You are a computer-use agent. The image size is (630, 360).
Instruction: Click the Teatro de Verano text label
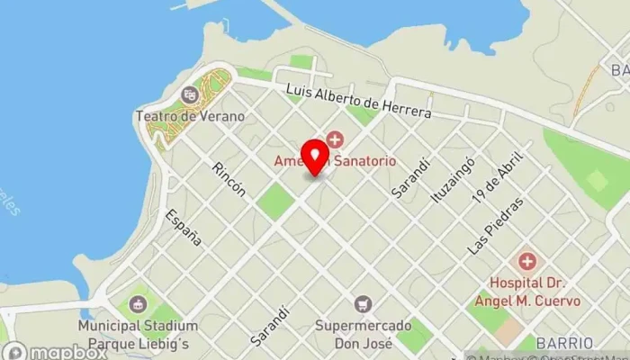point(190,116)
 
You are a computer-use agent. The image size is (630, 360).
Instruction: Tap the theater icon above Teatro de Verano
point(190,94)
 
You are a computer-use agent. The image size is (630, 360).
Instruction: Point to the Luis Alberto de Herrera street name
point(359,102)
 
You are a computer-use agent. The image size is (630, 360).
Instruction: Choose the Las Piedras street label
point(494,226)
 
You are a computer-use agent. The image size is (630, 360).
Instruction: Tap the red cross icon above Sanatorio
point(335,139)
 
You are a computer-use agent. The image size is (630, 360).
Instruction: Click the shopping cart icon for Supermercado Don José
point(363,303)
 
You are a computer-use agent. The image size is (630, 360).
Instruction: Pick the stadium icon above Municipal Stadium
point(137,304)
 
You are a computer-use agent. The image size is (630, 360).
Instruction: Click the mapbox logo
point(55,352)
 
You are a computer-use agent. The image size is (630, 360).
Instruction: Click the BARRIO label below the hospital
point(562,343)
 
